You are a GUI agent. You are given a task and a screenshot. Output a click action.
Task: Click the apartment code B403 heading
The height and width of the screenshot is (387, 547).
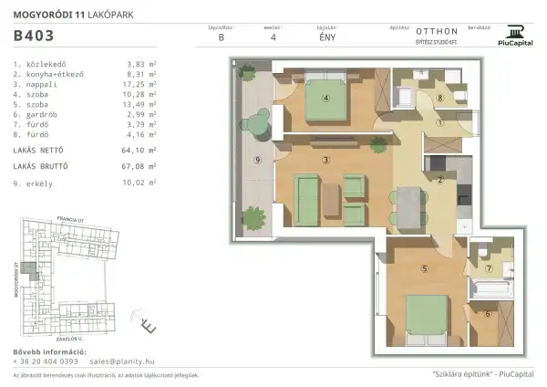(x=33, y=37)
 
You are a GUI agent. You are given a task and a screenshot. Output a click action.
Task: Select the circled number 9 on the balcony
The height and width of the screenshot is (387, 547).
(x=258, y=161)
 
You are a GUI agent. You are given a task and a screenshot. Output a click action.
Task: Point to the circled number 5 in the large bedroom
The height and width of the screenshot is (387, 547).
(x=424, y=268)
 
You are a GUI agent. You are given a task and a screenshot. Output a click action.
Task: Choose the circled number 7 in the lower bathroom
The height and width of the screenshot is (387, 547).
(x=488, y=269)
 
